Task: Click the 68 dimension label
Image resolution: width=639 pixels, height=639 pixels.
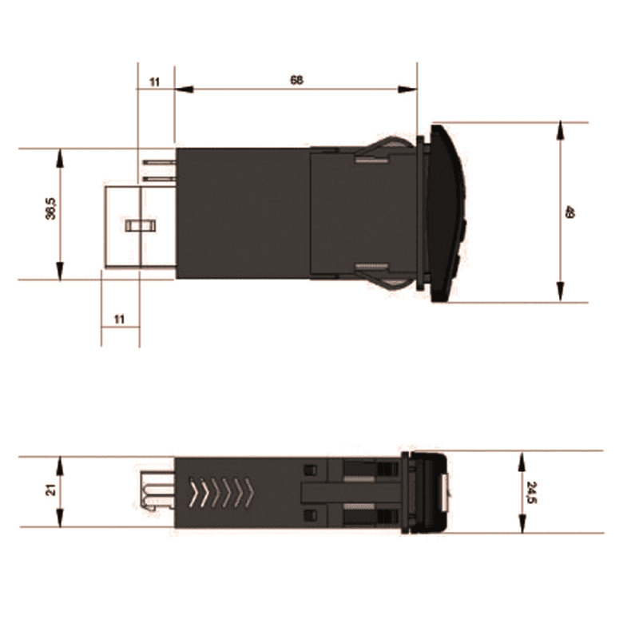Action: pos(296,80)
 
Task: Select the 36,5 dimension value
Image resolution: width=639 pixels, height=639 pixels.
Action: pos(51,208)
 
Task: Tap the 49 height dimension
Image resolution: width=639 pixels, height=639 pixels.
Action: pos(570,212)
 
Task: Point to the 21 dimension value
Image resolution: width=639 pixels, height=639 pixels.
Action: pos(51,490)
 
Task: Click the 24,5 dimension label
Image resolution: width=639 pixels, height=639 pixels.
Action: pos(532,492)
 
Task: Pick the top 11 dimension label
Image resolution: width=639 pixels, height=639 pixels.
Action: pos(154,82)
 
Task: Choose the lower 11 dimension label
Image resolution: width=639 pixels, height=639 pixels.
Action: pos(119,319)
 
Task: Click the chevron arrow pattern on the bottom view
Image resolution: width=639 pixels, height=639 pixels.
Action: pos(221,492)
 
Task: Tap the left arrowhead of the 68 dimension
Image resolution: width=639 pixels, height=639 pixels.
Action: pos(184,89)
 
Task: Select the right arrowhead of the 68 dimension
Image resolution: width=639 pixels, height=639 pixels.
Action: pos(407,89)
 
